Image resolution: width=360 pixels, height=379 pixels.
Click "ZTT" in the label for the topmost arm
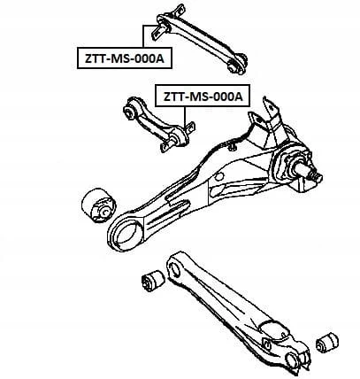[93, 58]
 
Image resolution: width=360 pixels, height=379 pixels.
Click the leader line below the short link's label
[186, 117]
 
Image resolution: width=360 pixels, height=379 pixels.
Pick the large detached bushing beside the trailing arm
[98, 207]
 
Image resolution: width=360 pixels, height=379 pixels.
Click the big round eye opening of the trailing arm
[126, 232]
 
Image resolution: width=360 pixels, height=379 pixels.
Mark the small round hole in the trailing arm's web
[218, 177]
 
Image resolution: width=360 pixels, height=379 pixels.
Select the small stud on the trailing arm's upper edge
[233, 146]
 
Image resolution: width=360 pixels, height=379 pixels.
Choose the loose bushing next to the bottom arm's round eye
[153, 280]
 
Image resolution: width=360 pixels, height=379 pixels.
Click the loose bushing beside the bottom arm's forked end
[326, 343]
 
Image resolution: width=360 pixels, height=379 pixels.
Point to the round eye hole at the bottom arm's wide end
[175, 269]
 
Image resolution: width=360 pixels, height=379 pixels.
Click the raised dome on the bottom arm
[272, 329]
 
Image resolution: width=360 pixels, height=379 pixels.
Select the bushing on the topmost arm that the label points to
[161, 28]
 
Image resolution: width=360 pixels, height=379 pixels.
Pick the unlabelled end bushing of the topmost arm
[236, 65]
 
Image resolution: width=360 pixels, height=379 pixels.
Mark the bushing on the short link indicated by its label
[179, 137]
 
